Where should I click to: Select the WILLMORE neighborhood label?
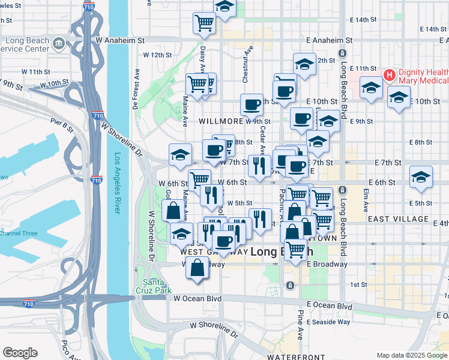click(221, 120)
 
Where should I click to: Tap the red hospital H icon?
click(388, 76)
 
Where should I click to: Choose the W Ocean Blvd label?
click(197, 298)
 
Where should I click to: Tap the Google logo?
click(20, 353)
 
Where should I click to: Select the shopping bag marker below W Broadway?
click(197, 268)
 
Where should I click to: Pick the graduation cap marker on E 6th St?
click(421, 178)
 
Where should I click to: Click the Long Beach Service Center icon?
click(59, 43)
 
